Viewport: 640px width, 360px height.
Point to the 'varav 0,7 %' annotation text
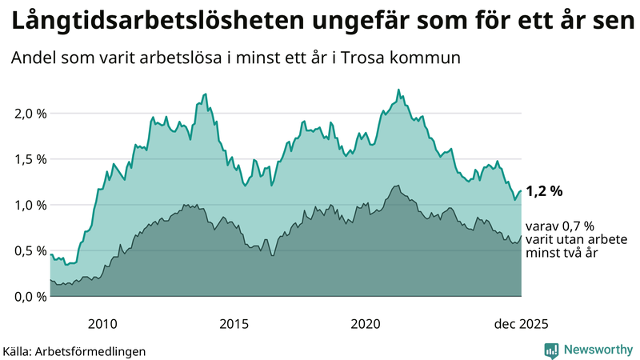(560, 227)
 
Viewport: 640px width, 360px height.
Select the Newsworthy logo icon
(551, 350)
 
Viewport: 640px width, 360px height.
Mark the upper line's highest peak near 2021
(398, 90)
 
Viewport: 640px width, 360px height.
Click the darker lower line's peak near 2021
(395, 186)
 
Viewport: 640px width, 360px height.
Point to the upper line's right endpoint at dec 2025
(521, 191)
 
